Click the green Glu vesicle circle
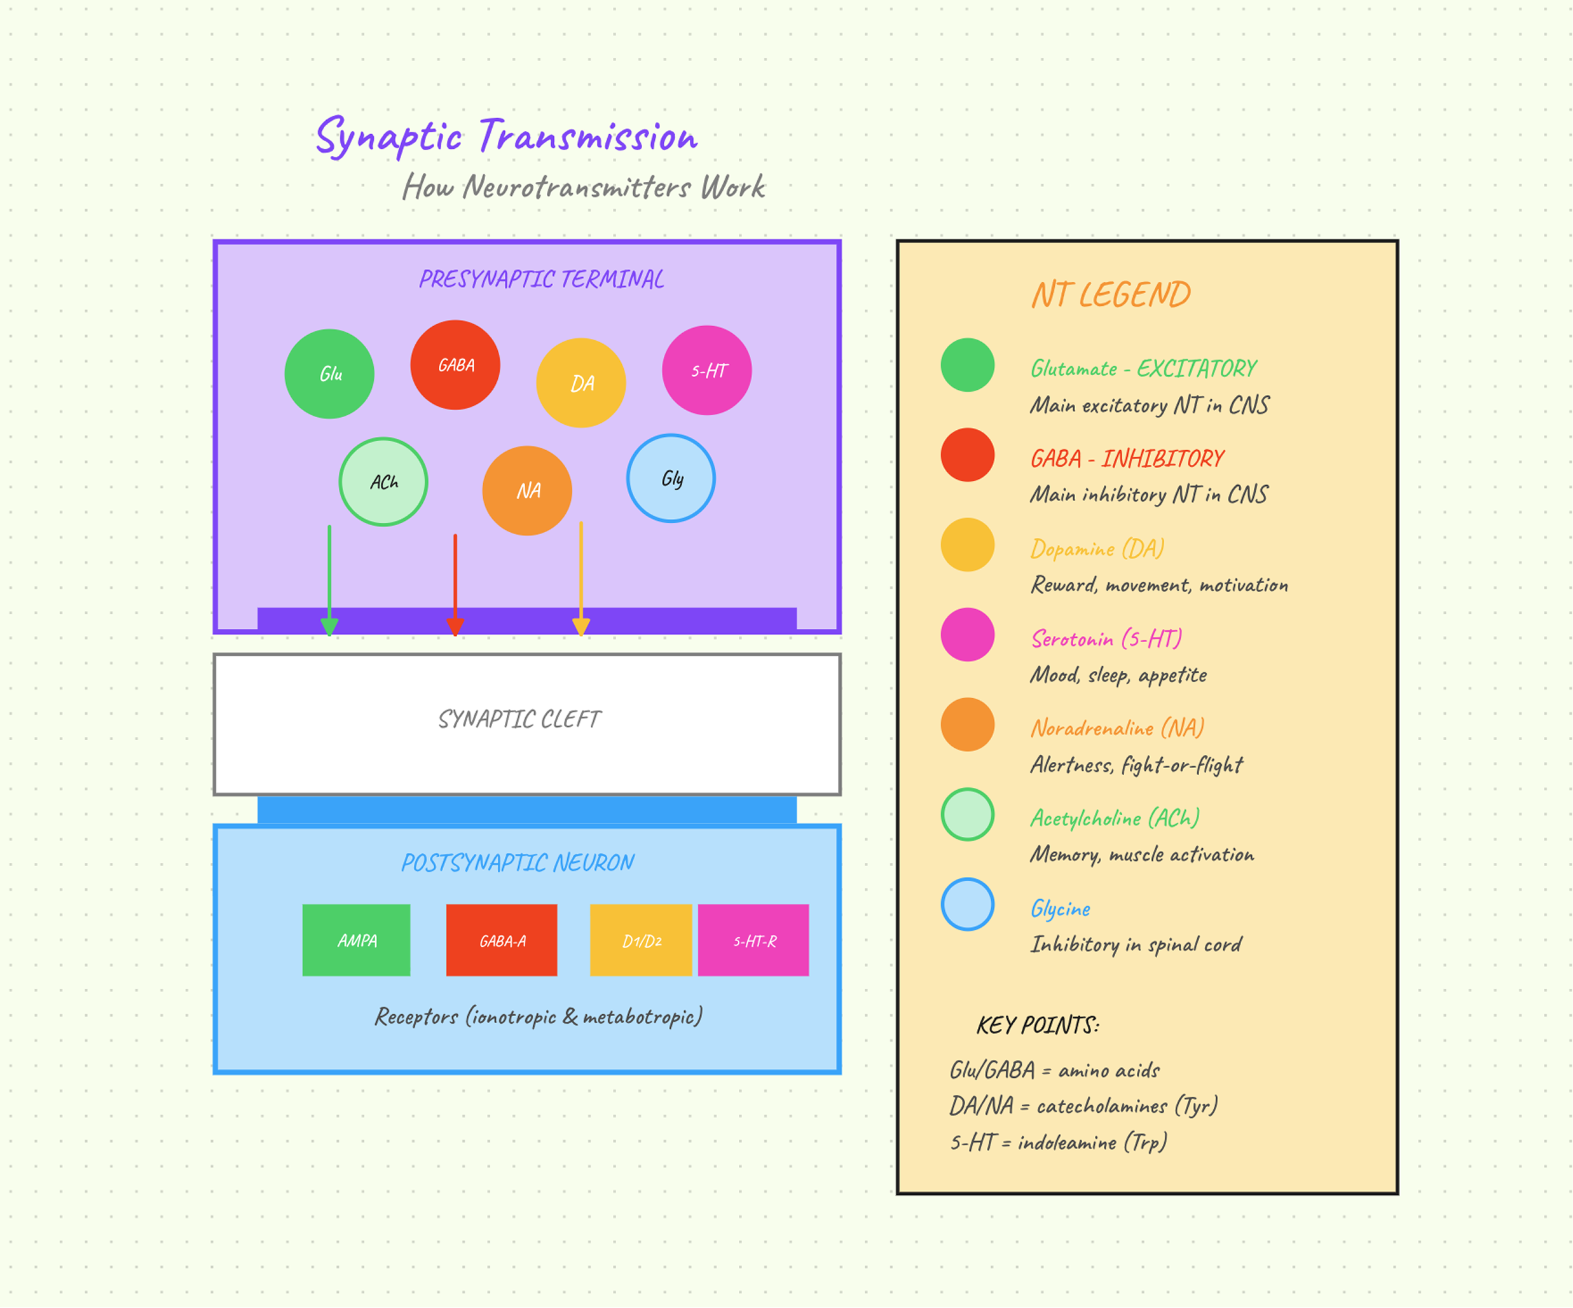[x=329, y=374]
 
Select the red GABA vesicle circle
[x=455, y=365]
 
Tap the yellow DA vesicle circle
[x=581, y=383]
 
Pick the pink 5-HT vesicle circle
[x=707, y=370]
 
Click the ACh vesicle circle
[x=383, y=482]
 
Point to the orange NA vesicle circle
[x=527, y=491]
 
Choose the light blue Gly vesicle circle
[x=671, y=478]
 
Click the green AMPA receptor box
[x=357, y=940]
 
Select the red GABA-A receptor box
[x=502, y=940]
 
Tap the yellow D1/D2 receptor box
[x=641, y=940]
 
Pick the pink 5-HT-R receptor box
[x=753, y=940]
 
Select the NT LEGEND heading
[x=1111, y=294]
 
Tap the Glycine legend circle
[x=968, y=904]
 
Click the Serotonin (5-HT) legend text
[x=1106, y=638]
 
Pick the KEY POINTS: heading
[x=1038, y=1025]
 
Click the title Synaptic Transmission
[x=507, y=136]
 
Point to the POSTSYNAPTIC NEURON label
[x=518, y=862]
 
